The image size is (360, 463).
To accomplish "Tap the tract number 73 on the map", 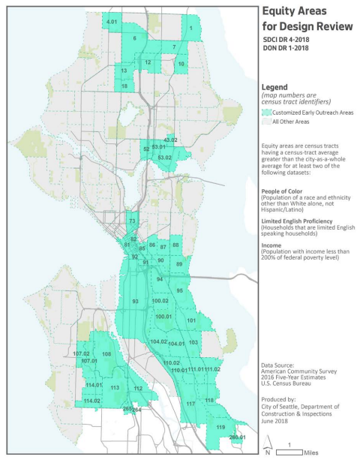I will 132,221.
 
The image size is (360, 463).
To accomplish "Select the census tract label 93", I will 136,302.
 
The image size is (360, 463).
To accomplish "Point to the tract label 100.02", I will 160,301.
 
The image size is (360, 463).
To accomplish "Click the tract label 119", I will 220,427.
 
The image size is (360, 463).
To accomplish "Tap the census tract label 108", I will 106,353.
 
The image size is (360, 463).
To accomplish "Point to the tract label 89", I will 179,264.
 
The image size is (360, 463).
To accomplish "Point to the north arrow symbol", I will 268,452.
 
